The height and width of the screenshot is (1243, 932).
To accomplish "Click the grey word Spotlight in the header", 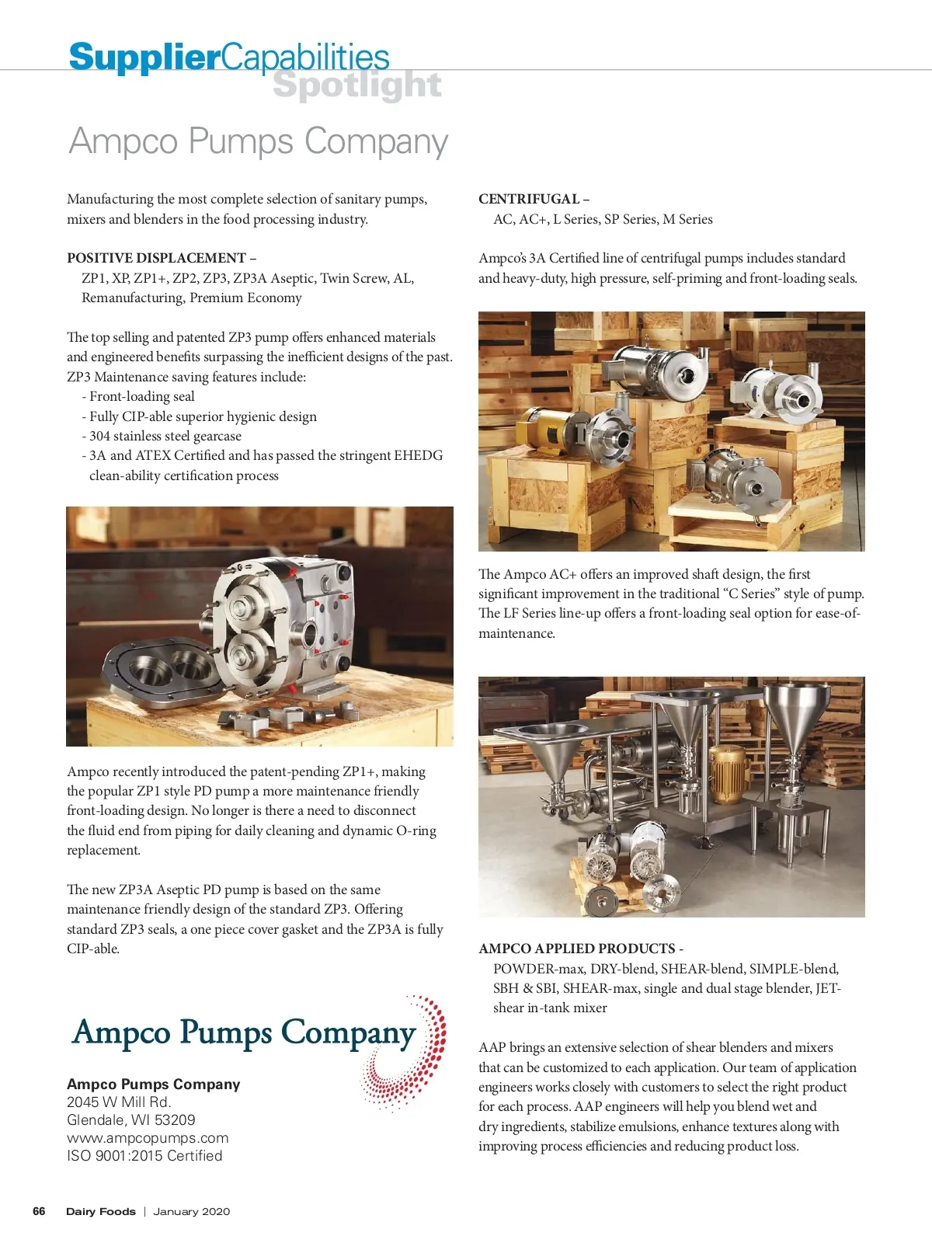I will coord(357,85).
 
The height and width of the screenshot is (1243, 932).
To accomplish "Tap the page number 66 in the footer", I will coord(39,1211).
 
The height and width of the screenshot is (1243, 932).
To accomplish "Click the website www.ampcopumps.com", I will coord(148,1138).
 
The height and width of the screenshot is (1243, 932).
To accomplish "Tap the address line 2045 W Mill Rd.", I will coord(119,1102).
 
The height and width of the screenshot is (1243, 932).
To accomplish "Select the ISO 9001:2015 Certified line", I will coord(144,1156).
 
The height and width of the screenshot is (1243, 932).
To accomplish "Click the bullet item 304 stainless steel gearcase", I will coord(165,436).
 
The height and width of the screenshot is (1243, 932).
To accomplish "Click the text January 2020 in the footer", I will coord(191,1211).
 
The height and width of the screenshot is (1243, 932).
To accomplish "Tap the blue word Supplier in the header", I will coord(144,57).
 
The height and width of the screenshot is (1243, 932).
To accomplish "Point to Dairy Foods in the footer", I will coord(100,1211).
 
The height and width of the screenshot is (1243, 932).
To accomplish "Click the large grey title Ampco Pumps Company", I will coord(259,141).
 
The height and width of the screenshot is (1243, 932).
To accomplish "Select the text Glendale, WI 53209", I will coord(130,1120).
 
